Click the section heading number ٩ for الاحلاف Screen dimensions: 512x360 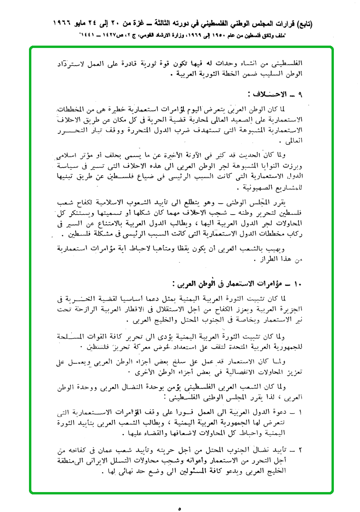tap(300, 94)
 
